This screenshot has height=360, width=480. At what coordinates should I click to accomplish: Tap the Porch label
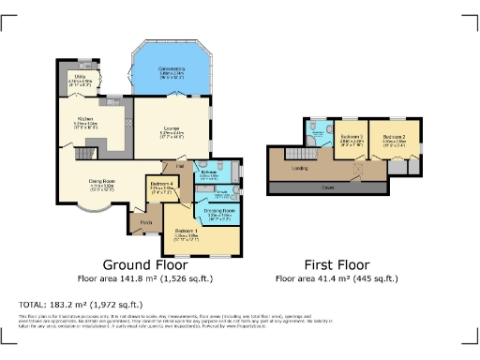146,222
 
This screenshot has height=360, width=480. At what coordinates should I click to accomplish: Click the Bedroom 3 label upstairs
351,136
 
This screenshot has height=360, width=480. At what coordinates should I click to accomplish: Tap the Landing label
301,169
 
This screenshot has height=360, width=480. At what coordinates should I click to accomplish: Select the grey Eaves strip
328,187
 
